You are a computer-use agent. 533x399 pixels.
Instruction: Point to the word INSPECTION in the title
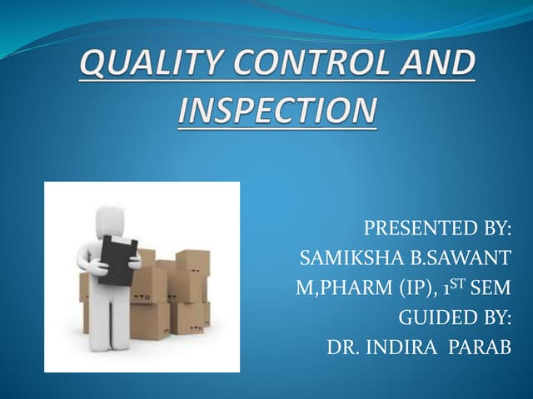coord(276,111)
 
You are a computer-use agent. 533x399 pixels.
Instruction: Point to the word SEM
coord(491,289)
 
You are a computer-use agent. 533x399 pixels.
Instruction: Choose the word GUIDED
coord(436,318)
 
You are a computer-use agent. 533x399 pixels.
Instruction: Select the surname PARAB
coord(481,347)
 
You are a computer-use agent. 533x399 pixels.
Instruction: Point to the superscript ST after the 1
coord(459,284)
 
